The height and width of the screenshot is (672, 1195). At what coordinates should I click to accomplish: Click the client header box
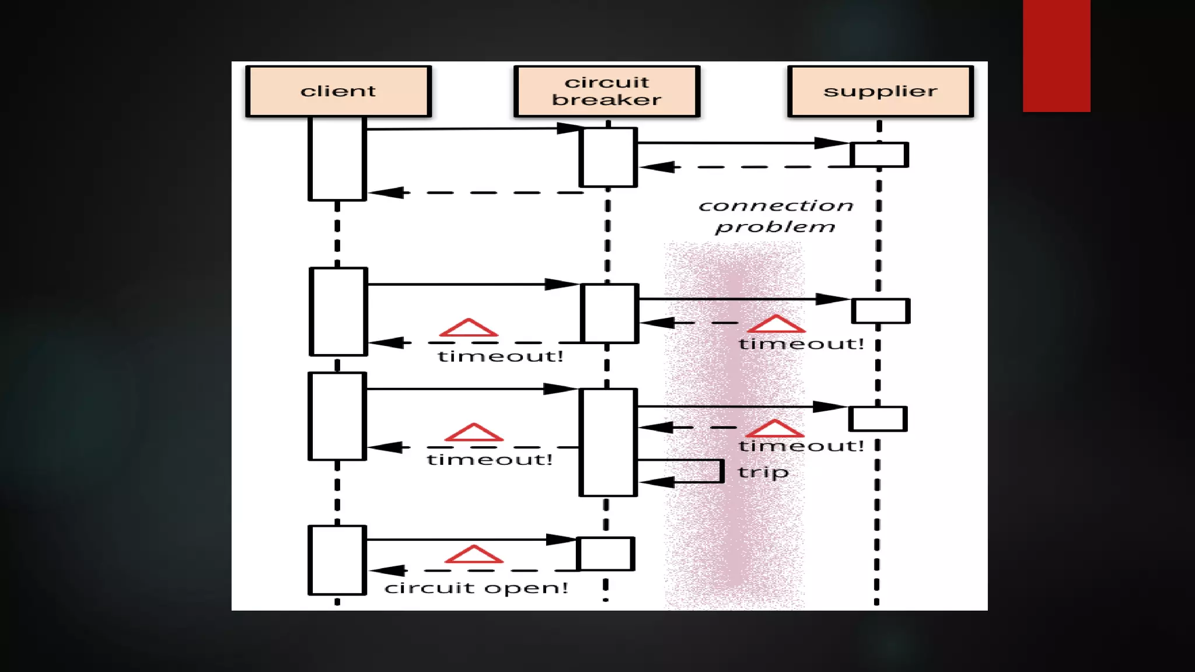click(x=338, y=92)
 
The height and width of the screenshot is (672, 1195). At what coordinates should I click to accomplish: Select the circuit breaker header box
click(x=607, y=92)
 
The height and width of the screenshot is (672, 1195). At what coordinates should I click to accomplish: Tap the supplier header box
click(x=880, y=92)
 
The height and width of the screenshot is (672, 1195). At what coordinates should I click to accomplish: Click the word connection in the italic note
click(x=776, y=206)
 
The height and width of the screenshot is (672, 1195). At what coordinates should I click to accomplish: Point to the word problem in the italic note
click(x=775, y=227)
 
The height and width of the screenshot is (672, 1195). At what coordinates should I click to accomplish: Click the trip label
click(x=763, y=472)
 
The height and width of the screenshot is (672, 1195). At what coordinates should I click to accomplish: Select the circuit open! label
click(x=476, y=588)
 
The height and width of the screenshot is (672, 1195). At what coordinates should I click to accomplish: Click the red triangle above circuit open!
click(x=474, y=555)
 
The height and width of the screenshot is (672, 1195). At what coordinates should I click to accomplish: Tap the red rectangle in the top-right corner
click(x=1056, y=55)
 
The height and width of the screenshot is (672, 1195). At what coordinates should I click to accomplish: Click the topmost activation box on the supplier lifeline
click(x=879, y=155)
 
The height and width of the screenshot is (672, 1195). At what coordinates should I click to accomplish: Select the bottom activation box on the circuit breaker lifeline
click(x=606, y=554)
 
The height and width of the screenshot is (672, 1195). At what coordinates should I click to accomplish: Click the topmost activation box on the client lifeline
click(x=337, y=159)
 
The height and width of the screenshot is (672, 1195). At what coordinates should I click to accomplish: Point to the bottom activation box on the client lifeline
click(x=337, y=560)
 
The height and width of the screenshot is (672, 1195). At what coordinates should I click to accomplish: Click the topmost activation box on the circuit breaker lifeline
click(x=607, y=157)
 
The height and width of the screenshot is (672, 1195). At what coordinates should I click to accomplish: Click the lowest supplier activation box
click(x=878, y=419)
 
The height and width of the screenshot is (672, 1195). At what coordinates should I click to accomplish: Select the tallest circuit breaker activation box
click(x=608, y=442)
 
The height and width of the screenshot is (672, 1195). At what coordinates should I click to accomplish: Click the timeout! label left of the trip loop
click(x=490, y=460)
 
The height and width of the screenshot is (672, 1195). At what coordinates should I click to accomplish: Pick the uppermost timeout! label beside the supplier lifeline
click(x=801, y=344)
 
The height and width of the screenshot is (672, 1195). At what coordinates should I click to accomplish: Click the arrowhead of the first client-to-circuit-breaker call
click(x=569, y=128)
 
